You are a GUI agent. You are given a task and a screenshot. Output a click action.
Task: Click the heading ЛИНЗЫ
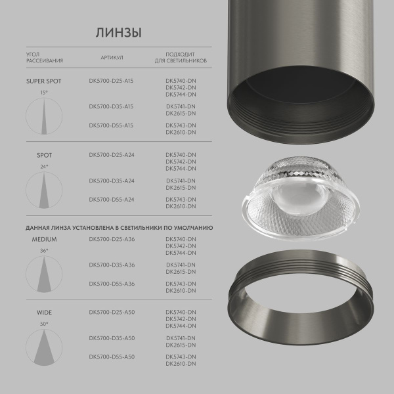[x=119, y=33]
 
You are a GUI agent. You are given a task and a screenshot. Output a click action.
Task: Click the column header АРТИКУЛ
[x=112, y=57]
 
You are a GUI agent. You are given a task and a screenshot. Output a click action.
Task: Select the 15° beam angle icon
[x=43, y=116]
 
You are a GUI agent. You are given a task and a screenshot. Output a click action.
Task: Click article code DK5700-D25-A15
[x=111, y=82]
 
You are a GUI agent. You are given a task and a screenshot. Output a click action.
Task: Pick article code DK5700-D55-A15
[x=111, y=125]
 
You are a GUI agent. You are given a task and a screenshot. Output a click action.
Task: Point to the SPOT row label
[x=45, y=156]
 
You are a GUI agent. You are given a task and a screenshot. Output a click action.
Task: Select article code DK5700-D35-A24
[x=111, y=181]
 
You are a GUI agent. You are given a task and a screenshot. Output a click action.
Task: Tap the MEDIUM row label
[x=45, y=239]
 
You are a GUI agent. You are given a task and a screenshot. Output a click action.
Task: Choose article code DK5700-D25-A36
[x=111, y=239]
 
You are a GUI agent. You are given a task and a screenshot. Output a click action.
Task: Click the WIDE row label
[x=45, y=312]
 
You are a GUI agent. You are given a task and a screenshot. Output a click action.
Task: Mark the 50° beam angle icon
[x=43, y=345]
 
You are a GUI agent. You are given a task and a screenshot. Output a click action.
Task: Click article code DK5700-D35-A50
[x=111, y=338]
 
